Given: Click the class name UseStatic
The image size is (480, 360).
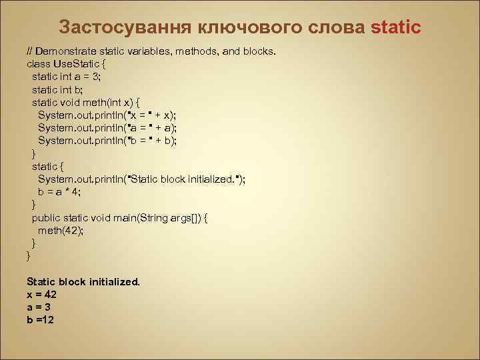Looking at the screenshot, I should coord(85,64).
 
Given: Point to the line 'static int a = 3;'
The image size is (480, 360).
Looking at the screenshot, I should coord(66,77).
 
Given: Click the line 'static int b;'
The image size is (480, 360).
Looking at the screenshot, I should coord(57,89).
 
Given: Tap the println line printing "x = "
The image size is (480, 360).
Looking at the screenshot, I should coord(107,115).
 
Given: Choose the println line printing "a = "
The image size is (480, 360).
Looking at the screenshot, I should coord(107,128).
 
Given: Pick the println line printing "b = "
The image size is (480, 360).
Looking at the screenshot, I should coord(107,141).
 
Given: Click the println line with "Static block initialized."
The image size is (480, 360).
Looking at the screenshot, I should coord(141,179).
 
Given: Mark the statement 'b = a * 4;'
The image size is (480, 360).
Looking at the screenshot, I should coord(59,192).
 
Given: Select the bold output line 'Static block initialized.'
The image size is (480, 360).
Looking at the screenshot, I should coord(83,282).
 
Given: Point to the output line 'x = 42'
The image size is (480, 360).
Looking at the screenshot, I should coord(41,295).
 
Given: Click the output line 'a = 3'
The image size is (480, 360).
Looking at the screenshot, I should coord(39,307).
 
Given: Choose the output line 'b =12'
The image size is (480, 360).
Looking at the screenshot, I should coord(40,320).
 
